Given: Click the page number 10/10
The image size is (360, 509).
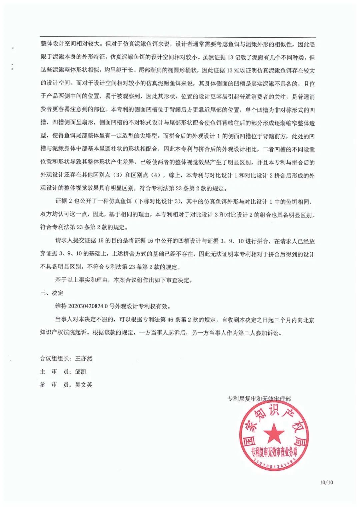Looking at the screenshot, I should [326, 482].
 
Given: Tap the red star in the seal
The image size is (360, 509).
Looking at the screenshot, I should [274, 433].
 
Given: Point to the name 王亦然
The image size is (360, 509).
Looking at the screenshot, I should [84, 359].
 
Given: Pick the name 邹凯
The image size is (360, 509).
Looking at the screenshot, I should [81, 372].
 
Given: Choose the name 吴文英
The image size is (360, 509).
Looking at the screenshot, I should [84, 385].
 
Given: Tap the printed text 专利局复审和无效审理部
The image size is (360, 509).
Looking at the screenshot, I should [259, 399].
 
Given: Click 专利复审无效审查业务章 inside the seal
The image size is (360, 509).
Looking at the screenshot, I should [274, 452].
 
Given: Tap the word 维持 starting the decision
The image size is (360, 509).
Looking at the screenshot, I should [61, 306].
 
